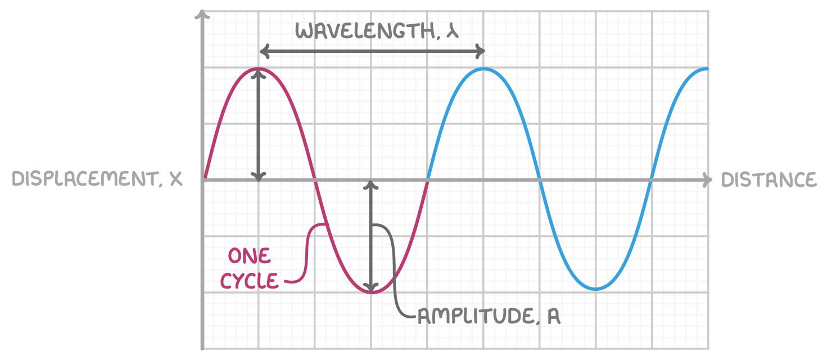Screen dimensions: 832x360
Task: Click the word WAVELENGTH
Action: (x=365, y=31)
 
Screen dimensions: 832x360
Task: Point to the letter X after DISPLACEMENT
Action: (x=176, y=179)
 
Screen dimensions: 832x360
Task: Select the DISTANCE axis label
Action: (x=769, y=180)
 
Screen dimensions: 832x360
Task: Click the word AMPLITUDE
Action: (x=476, y=316)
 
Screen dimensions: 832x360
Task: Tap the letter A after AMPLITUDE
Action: (x=553, y=317)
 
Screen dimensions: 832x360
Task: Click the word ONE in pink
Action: (x=249, y=256)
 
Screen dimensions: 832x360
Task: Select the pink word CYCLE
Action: (x=249, y=281)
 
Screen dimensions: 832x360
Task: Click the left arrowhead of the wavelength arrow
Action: (x=264, y=51)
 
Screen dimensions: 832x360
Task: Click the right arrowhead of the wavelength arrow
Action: (x=480, y=51)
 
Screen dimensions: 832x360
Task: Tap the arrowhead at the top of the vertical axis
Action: (x=202, y=14)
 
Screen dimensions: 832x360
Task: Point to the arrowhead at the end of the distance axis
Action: (x=708, y=180)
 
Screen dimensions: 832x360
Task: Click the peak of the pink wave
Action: (x=259, y=69)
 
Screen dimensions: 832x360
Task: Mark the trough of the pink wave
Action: (x=372, y=292)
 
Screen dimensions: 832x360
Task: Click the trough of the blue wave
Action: (x=596, y=289)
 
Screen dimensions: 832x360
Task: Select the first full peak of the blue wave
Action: (x=483, y=69)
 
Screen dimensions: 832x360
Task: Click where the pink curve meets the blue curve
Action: (x=427, y=180)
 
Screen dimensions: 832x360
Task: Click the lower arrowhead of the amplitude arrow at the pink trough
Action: (x=370, y=287)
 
